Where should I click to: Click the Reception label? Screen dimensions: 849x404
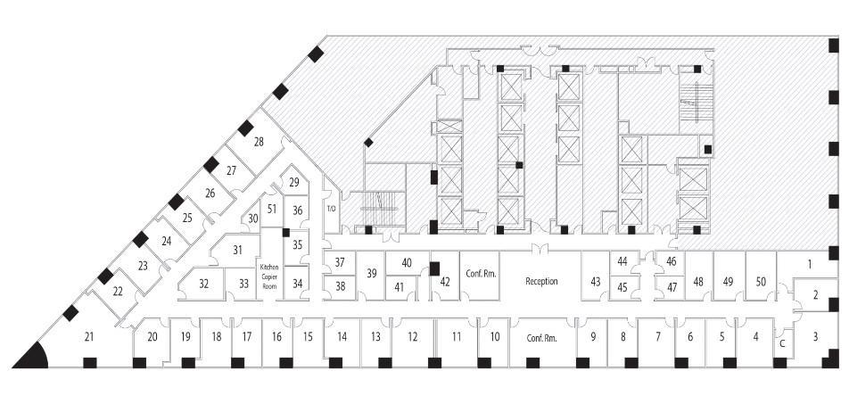point(541,282)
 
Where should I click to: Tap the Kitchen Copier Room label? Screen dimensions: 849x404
point(269,276)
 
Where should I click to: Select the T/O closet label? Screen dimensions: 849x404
point(332,209)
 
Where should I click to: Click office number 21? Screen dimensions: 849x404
point(89,337)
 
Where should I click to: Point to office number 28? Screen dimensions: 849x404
point(259,142)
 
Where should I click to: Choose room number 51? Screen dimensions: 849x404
point(272,210)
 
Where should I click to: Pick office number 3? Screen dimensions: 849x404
point(815,337)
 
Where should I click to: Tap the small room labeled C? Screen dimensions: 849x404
point(782,343)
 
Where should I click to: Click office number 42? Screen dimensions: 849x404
point(445,282)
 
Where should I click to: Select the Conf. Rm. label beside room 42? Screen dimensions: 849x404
point(481,274)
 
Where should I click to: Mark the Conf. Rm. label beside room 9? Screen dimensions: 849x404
point(542,338)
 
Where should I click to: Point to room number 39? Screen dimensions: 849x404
point(371,274)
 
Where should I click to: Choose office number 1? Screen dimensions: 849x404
point(810,265)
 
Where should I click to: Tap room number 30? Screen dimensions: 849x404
point(253,218)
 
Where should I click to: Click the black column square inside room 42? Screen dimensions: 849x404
point(434,269)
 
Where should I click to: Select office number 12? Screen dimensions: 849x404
point(413,337)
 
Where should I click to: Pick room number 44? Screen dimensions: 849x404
point(622,261)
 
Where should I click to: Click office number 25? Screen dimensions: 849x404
point(187,218)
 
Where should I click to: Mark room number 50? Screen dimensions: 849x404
point(761,282)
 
